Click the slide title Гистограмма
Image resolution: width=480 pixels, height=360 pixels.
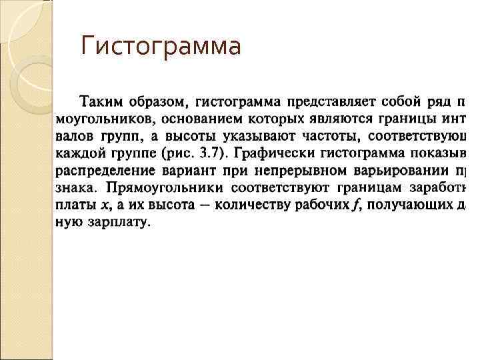tap(160, 46)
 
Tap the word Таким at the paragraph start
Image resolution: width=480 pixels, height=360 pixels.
tap(97, 103)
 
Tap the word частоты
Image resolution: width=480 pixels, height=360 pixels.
tap(327, 137)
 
